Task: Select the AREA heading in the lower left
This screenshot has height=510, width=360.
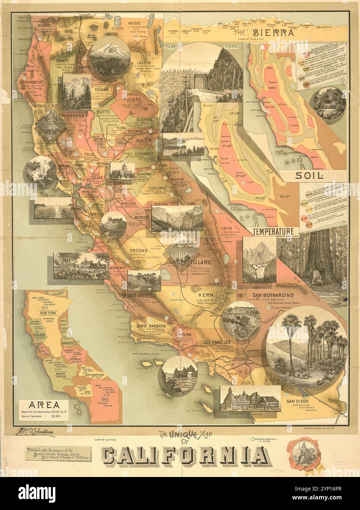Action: click(46, 405)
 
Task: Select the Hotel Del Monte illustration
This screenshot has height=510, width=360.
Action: click(81, 266)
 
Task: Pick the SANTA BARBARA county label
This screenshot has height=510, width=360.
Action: click(151, 325)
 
